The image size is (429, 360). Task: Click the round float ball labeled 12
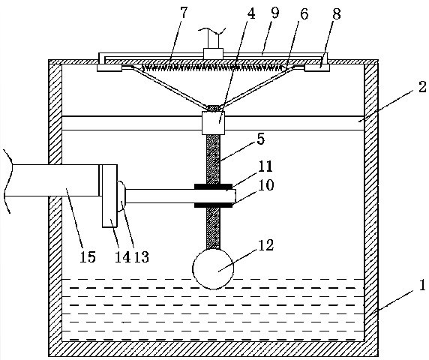[x=213, y=268]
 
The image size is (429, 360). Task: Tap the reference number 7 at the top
[x=184, y=13]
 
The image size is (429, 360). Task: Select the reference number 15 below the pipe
[x=88, y=256]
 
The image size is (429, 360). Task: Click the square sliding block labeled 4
[x=213, y=123]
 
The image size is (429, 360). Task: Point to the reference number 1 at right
[x=422, y=285]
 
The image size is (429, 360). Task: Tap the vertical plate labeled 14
[x=109, y=196]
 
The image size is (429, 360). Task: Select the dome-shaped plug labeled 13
[x=121, y=196]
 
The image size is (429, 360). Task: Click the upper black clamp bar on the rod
[x=213, y=187]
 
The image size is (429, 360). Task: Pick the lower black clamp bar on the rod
[x=213, y=205]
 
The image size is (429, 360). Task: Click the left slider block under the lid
[x=109, y=67]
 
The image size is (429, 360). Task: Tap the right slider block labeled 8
[x=317, y=67]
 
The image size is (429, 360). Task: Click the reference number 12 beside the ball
[x=265, y=245]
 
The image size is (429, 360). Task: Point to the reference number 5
[x=261, y=139]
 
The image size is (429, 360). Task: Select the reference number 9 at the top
[x=274, y=13]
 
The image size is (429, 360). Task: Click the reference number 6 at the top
[x=304, y=13]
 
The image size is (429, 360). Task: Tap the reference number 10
[x=265, y=184]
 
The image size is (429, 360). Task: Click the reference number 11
[x=265, y=166]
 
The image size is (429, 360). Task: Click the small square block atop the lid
[x=213, y=53]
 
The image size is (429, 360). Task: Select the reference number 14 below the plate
[x=122, y=256]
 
